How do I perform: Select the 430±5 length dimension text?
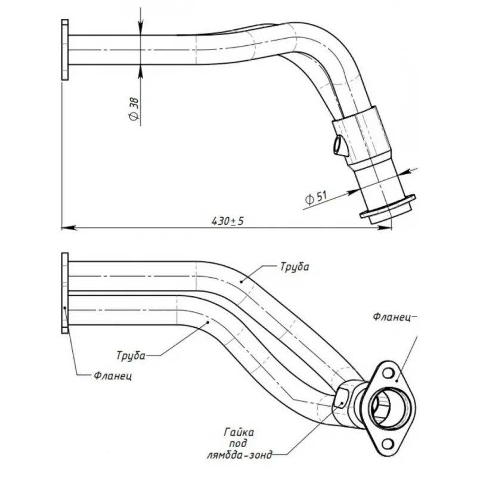228,221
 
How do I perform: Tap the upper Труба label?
293,267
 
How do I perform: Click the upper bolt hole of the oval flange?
389,374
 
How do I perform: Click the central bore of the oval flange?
386,409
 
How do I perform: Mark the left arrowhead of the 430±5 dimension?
67,227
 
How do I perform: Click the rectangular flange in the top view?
64,49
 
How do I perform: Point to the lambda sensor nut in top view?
339,145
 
